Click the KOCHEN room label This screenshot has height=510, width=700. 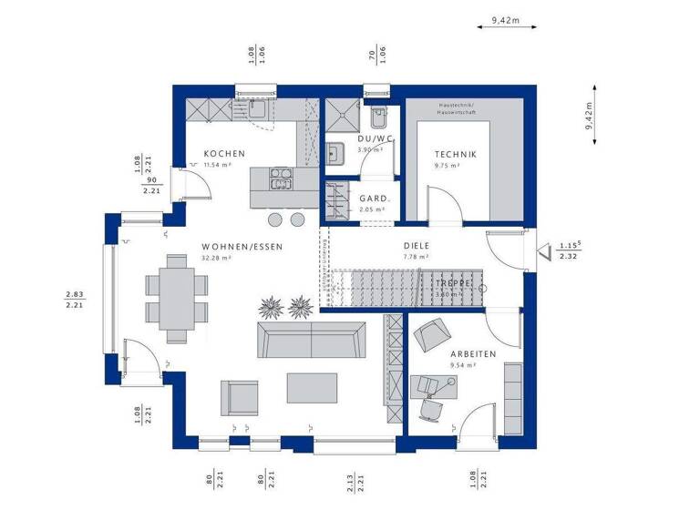tap(223, 154)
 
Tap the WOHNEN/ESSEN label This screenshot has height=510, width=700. tap(242, 247)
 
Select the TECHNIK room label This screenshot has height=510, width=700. tap(453, 155)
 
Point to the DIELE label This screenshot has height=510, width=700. tap(416, 246)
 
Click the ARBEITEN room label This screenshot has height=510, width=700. tap(473, 353)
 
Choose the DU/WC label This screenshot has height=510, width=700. tap(374, 138)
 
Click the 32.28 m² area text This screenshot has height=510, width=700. tap(216, 259)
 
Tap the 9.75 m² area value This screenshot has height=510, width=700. tap(447, 167)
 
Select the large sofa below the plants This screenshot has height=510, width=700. tap(311, 339)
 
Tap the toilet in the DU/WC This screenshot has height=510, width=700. tap(379, 119)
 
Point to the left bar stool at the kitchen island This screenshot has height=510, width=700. tap(274, 219)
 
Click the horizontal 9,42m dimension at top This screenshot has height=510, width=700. tap(504, 19)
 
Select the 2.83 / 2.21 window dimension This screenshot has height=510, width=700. tap(75, 299)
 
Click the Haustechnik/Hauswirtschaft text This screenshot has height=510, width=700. tap(463, 108)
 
